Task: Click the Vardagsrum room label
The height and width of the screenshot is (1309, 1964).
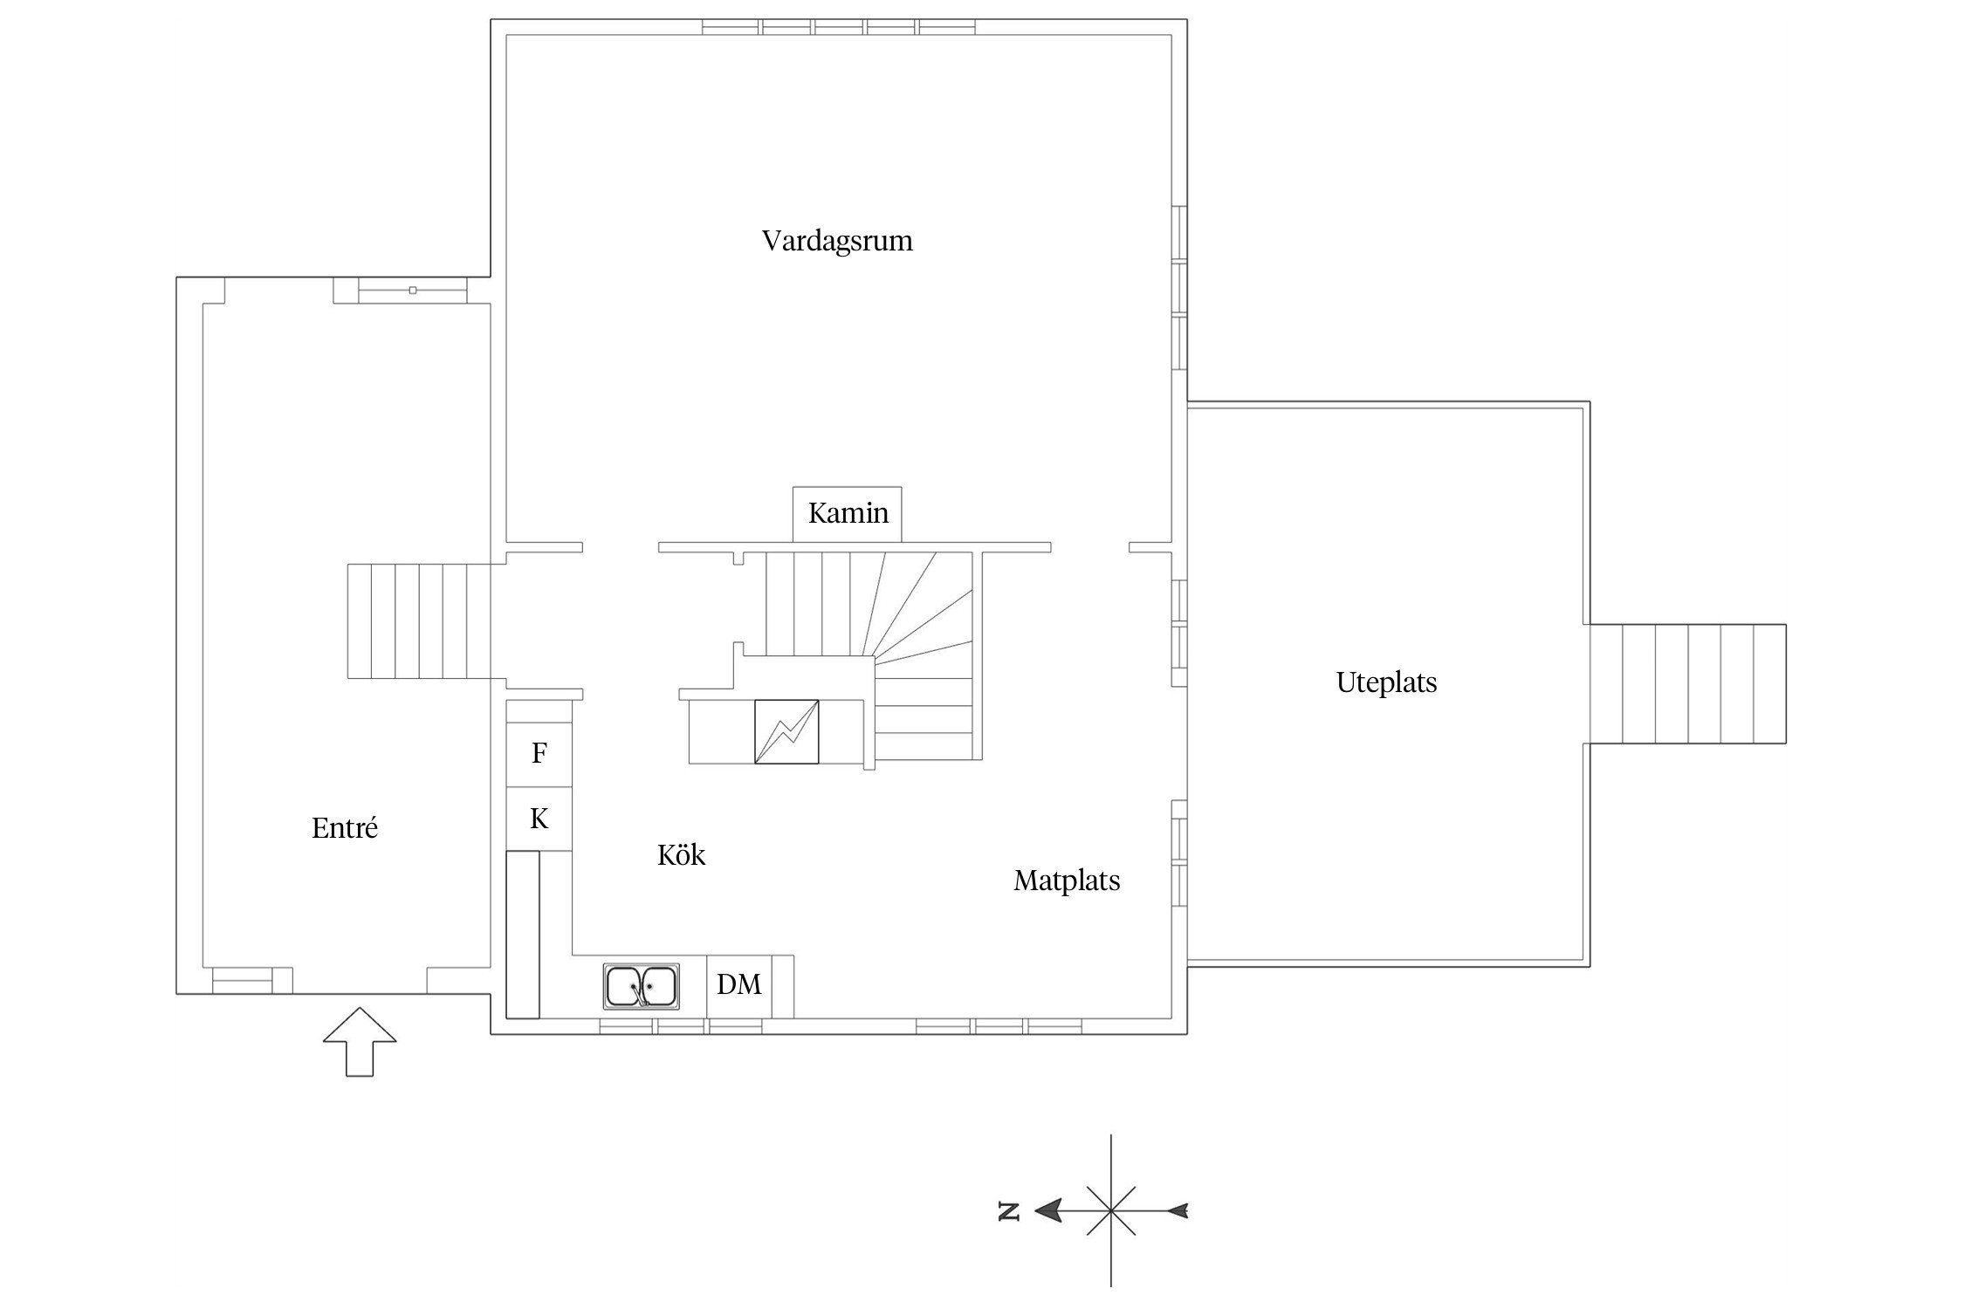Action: coord(837,241)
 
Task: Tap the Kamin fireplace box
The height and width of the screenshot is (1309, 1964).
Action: coord(847,514)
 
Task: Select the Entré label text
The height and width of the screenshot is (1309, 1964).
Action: coord(345,827)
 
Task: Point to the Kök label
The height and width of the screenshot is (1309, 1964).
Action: coord(681,854)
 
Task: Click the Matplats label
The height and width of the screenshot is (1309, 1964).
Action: coord(1067,881)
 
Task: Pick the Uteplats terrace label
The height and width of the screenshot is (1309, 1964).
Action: coord(1386,682)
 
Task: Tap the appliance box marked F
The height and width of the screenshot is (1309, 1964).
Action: coord(539,754)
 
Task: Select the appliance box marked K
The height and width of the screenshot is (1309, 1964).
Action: coord(539,819)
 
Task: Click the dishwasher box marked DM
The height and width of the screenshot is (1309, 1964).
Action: coord(739,985)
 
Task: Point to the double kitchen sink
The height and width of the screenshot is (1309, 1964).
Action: coord(641,986)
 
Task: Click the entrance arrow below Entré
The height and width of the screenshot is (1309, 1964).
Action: coord(360,1041)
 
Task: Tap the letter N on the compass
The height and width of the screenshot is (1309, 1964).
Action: coord(1009,1210)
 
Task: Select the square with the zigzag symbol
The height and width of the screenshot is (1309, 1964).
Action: coord(786,731)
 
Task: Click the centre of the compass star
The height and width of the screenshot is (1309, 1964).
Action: coord(1110,1210)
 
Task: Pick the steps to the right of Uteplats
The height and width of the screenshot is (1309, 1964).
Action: coord(1687,683)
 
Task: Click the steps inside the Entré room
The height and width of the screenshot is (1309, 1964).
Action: coord(419,621)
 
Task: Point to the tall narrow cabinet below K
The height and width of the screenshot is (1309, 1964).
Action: coord(523,934)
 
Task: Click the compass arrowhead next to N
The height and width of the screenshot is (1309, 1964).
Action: coord(1048,1210)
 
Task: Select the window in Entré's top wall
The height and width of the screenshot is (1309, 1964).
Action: coord(413,290)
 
